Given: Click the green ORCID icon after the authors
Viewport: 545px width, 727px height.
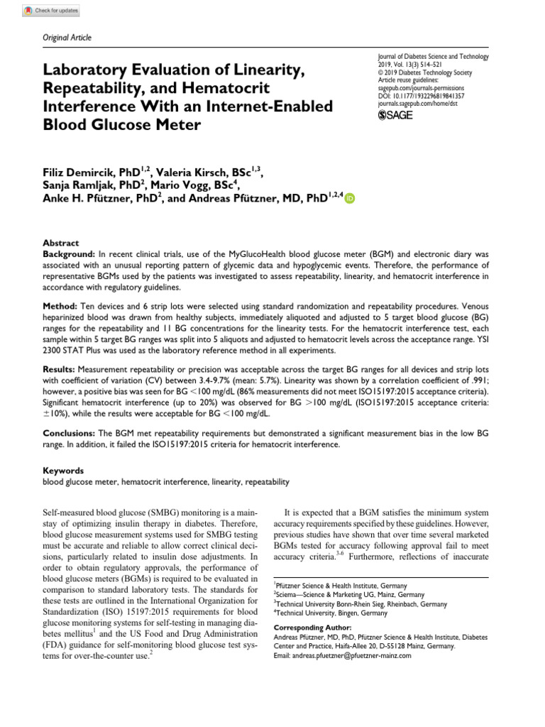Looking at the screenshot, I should point(349,200).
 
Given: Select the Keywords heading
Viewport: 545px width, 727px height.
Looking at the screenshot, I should point(63,470).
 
